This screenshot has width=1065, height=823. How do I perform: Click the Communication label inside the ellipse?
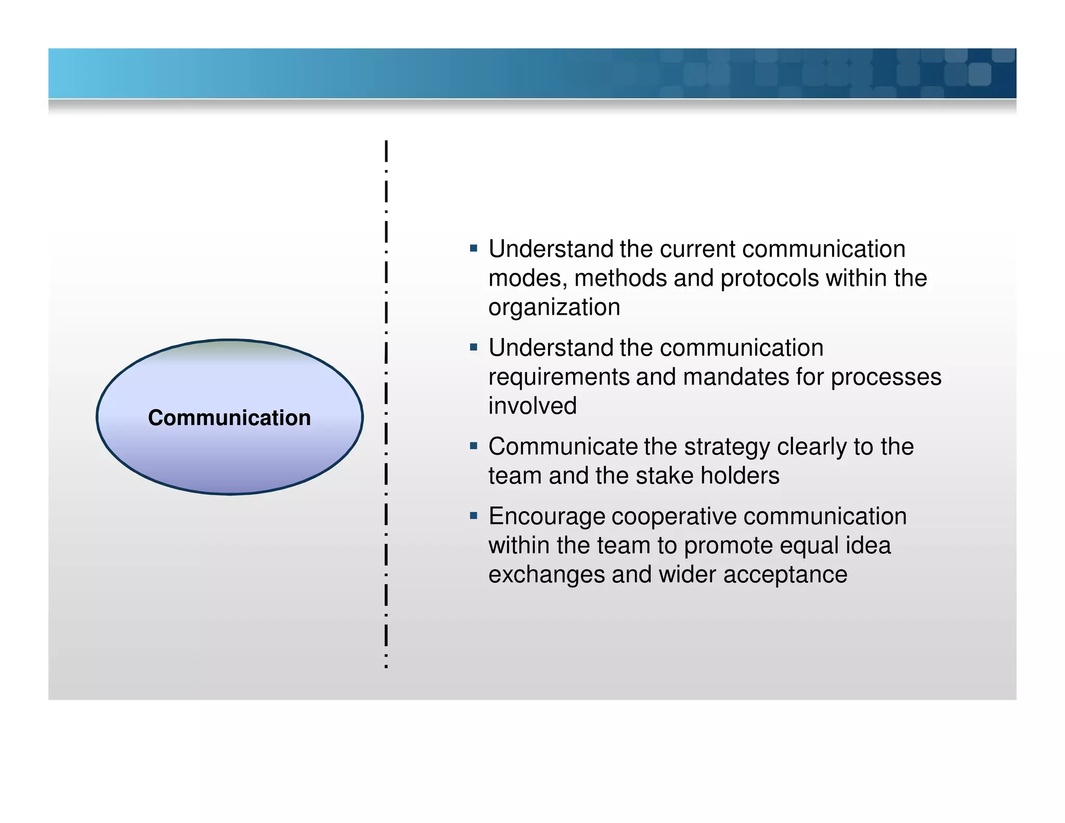[x=229, y=418]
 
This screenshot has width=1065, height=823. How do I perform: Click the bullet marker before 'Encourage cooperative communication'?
[x=473, y=516]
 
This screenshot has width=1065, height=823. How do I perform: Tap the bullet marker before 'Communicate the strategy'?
[x=473, y=446]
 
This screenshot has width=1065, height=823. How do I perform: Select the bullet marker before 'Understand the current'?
[x=473, y=249]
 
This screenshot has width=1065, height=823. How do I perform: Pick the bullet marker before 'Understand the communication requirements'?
[x=473, y=347]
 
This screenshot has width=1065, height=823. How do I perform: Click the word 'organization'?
[x=554, y=307]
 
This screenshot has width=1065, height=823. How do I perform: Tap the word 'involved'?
[x=532, y=406]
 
